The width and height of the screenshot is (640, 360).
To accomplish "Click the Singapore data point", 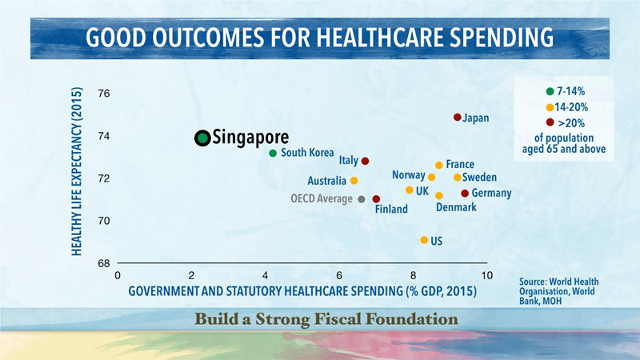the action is click(x=202, y=138).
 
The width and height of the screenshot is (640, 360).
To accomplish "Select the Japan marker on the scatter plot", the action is click(x=457, y=118).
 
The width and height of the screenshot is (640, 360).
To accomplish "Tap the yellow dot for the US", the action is click(x=424, y=240).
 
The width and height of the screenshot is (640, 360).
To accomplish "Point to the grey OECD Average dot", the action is click(x=362, y=199).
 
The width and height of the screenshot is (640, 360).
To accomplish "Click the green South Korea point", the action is click(x=273, y=153).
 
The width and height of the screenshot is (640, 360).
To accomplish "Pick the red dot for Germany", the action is click(x=465, y=193).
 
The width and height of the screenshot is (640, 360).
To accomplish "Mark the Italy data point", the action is click(x=365, y=161).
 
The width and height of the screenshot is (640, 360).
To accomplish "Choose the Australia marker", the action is click(x=354, y=181).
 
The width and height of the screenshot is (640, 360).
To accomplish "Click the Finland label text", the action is click(x=391, y=209).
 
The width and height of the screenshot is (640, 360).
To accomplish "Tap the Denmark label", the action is click(x=456, y=207).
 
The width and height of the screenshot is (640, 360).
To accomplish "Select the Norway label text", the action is click(x=409, y=175).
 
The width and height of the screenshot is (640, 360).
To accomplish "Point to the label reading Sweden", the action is click(x=479, y=177).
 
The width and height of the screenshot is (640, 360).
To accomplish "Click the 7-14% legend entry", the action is click(x=566, y=91).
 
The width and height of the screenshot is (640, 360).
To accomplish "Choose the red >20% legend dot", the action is click(x=550, y=122).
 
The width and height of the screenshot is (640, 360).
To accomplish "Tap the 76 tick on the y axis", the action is click(x=104, y=94).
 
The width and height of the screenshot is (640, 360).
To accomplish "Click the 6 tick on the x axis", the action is click(x=339, y=275).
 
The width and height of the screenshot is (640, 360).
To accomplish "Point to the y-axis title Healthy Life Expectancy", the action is click(x=77, y=171).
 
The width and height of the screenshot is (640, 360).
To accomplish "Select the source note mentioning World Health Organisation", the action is click(x=558, y=291).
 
